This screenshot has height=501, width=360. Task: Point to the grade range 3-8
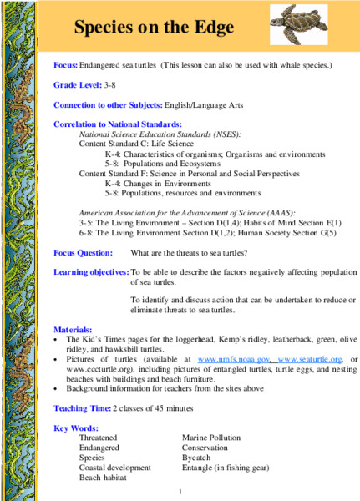[111, 85]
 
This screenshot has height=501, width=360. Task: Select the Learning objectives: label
[91, 272]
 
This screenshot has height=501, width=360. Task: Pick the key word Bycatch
[198, 458]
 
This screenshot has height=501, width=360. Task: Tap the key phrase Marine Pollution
[211, 438]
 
